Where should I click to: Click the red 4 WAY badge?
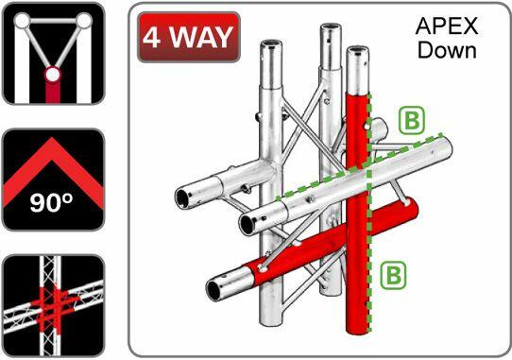[187, 37]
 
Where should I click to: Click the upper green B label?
[411, 120]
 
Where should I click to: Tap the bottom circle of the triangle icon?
[53, 73]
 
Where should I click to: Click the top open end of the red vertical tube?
[357, 51]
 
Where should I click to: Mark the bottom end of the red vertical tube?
[357, 327]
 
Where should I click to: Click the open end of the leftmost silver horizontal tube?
[181, 198]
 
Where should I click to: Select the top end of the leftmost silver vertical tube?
[271, 46]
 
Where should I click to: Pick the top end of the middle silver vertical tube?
[328, 33]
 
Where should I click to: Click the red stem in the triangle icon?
[53, 91]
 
